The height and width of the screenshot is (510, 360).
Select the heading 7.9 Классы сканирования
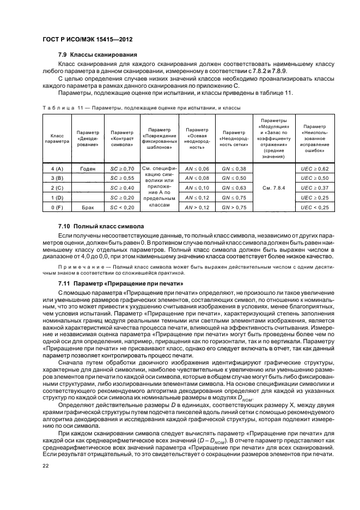click(97, 54)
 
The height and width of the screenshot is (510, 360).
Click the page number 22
click(46, 465)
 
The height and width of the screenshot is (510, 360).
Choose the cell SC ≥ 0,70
click(122, 169)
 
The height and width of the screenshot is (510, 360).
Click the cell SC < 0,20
click(122, 208)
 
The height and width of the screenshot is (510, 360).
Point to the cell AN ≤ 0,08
click(197, 178)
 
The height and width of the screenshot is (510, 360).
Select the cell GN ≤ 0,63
click(234, 188)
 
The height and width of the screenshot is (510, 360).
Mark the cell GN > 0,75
click(234, 208)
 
